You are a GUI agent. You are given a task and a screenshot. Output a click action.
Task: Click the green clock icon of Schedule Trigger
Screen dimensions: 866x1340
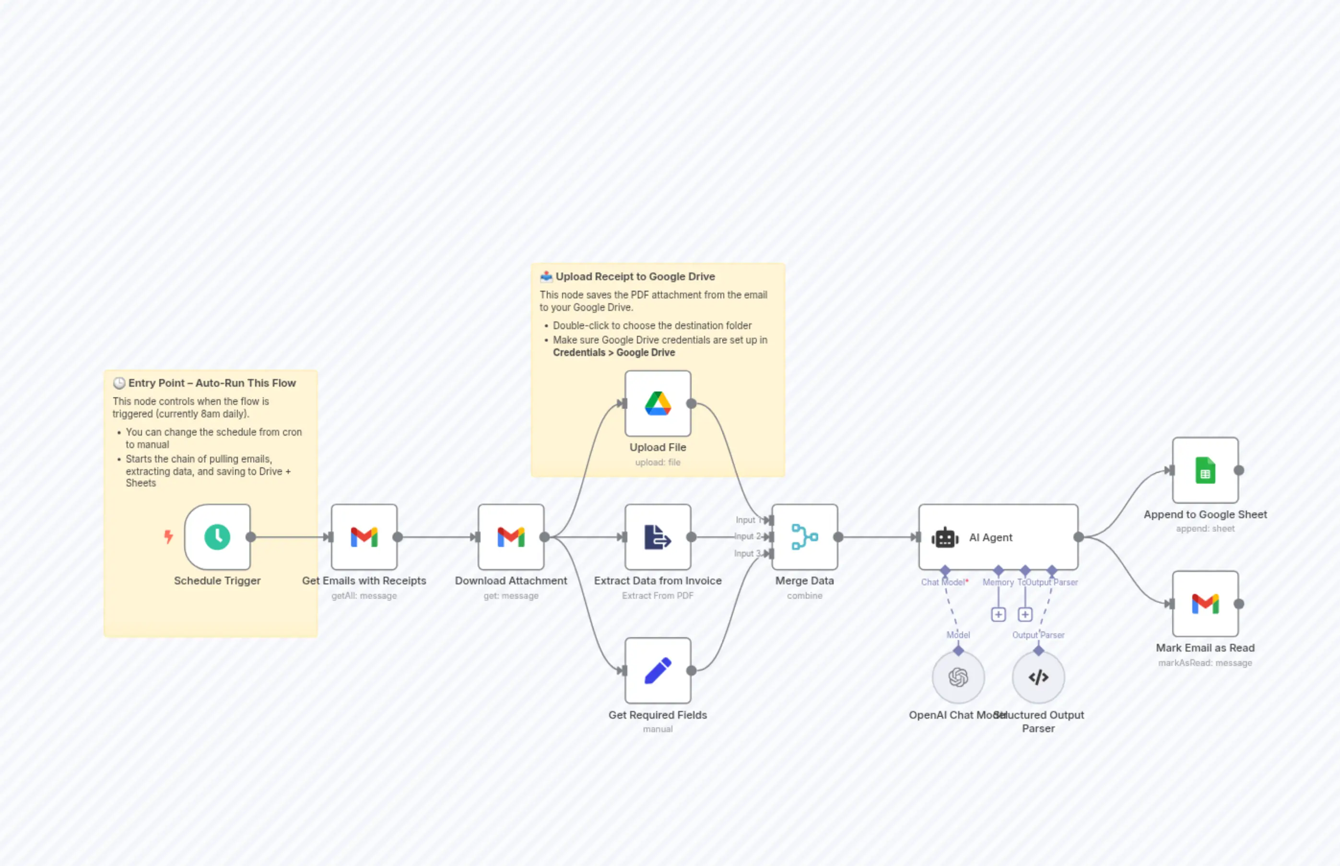pos(217,537)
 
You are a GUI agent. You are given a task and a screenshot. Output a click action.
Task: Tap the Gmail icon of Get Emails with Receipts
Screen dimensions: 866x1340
pos(364,537)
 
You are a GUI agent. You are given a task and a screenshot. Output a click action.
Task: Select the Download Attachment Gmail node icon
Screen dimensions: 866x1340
pos(510,537)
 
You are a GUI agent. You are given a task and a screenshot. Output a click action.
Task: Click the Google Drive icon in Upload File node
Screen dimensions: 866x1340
pos(658,403)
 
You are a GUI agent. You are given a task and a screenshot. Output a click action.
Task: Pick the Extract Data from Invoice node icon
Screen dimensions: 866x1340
pos(658,537)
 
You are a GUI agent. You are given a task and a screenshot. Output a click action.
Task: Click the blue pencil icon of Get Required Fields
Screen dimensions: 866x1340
pos(658,670)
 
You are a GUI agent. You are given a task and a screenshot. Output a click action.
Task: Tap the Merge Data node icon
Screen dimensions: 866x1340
pos(804,537)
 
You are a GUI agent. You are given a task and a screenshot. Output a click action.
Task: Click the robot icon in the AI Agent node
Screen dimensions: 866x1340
pos(945,538)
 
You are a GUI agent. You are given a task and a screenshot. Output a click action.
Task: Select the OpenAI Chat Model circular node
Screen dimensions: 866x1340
pos(958,677)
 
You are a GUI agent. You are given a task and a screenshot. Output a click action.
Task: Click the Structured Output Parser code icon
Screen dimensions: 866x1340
pos(1038,677)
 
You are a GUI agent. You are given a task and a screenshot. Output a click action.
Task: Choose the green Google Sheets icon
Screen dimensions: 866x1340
pos(1205,471)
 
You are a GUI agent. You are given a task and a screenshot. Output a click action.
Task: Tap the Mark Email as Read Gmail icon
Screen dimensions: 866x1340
pos(1205,604)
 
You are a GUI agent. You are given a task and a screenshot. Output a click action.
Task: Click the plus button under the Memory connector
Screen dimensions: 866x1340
pos(998,615)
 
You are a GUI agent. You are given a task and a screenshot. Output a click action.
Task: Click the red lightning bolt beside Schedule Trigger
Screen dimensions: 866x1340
pos(168,536)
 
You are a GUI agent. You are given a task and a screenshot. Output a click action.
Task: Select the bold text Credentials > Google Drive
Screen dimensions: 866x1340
pos(614,353)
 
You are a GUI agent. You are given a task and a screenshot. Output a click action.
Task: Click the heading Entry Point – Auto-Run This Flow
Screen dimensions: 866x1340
pos(212,383)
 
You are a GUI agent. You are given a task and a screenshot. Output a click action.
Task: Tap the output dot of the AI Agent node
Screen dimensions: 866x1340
pos(1078,537)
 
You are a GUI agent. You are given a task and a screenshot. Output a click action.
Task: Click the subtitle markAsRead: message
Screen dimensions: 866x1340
pos(1205,663)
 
